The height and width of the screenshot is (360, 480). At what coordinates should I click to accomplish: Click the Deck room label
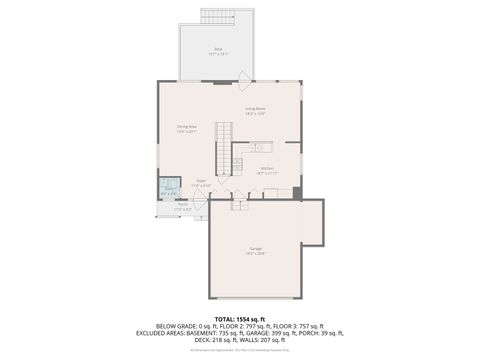(x=217, y=49)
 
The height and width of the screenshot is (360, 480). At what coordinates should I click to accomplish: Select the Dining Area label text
(x=187, y=128)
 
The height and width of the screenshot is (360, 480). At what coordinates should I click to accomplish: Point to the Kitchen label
(x=267, y=170)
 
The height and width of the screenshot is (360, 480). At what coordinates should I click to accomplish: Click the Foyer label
(x=201, y=183)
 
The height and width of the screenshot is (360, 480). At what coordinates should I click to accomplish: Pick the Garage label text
(x=256, y=249)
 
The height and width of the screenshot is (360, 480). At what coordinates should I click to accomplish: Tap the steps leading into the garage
(x=238, y=206)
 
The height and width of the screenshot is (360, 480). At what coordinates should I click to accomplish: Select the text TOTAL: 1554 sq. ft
(x=239, y=318)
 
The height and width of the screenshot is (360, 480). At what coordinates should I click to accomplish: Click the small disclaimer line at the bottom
(x=239, y=350)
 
